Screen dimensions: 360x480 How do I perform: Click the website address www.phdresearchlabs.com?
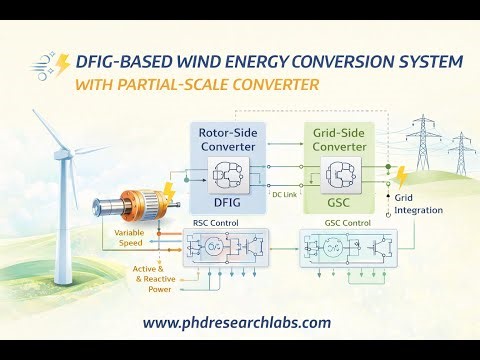pyautogui.click(x=237, y=322)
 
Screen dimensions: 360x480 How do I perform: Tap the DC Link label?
pyautogui.click(x=286, y=195)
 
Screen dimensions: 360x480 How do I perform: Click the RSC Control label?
pyautogui.click(x=213, y=222)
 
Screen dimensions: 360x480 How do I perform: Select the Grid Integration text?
pyautogui.click(x=416, y=204)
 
